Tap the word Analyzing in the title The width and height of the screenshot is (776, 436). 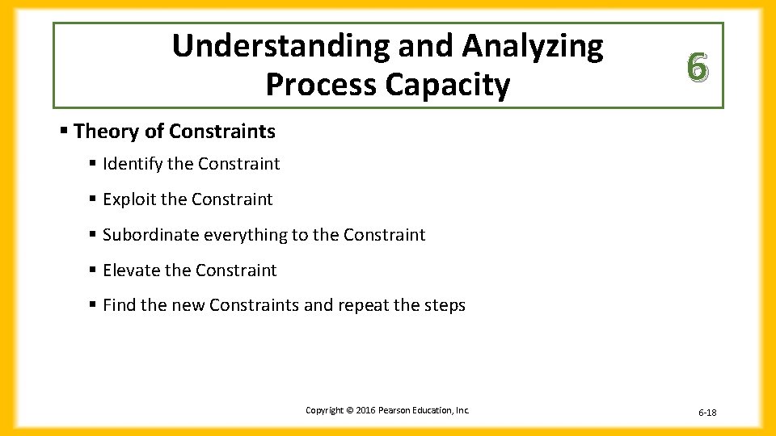(x=533, y=47)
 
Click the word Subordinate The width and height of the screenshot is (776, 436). (x=151, y=235)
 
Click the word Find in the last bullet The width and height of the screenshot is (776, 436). (x=118, y=305)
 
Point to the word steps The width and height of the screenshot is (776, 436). (x=446, y=305)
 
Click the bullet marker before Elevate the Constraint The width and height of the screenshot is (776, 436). (x=95, y=270)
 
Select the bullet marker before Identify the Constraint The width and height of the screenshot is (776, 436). (x=95, y=163)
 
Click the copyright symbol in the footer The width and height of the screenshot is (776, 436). (x=349, y=410)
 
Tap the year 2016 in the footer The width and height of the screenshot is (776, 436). (x=365, y=410)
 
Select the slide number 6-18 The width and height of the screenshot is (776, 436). (x=707, y=413)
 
